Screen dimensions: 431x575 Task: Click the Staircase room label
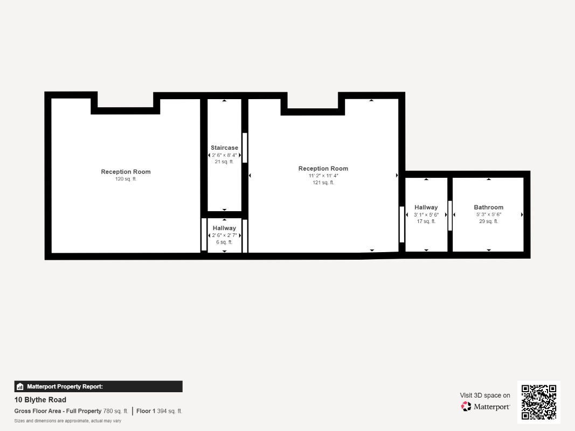click(x=224, y=148)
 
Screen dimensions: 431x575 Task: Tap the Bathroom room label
click(x=488, y=207)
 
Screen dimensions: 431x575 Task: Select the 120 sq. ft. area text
click(x=126, y=179)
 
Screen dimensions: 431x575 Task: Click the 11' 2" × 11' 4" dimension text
click(x=323, y=176)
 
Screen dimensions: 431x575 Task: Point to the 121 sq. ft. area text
click(x=323, y=183)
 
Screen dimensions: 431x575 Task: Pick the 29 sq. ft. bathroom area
click(x=488, y=221)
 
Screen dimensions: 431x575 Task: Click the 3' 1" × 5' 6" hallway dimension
click(x=426, y=214)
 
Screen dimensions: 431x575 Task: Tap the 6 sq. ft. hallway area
click(x=224, y=242)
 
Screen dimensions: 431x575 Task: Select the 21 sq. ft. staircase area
click(x=224, y=162)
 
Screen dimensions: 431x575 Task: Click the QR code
click(x=539, y=402)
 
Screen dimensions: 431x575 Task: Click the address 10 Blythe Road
click(x=40, y=400)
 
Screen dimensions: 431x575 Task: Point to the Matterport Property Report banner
click(x=98, y=386)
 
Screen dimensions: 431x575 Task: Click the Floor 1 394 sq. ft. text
click(x=159, y=411)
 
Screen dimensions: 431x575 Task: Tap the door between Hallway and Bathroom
click(x=450, y=215)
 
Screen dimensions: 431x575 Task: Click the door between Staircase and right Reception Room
click(x=245, y=148)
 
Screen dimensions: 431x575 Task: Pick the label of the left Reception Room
click(x=126, y=172)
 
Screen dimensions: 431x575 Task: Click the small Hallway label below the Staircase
click(x=224, y=228)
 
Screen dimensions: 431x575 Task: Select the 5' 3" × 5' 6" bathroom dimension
click(x=488, y=214)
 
